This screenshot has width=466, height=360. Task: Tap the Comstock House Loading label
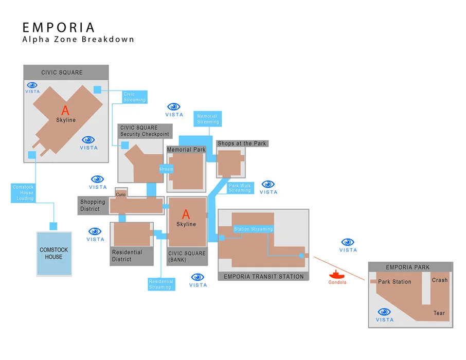click(23, 192)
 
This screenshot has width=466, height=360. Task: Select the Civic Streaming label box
click(134, 97)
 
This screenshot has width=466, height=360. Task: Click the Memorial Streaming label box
click(208, 119)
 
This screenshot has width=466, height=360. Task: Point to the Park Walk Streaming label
click(240, 188)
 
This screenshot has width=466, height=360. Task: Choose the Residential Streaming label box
click(160, 284)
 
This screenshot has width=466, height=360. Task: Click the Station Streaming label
click(253, 229)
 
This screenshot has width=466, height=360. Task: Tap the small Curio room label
click(121, 194)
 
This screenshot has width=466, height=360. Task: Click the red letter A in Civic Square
click(65, 110)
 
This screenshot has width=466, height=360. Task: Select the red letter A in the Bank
click(186, 215)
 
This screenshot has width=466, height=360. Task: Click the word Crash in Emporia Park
click(440, 280)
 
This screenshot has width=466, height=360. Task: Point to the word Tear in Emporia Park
click(439, 313)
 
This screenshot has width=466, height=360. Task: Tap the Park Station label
click(395, 282)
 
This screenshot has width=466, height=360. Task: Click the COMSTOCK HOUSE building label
click(54, 254)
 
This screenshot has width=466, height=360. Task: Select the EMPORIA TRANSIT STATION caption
click(264, 277)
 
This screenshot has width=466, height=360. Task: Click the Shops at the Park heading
click(242, 143)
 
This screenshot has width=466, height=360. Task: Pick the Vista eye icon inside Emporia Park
click(384, 312)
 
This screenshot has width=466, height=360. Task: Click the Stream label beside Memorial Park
click(166, 169)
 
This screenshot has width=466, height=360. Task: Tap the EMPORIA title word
click(59, 27)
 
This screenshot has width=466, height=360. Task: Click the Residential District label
click(127, 256)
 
